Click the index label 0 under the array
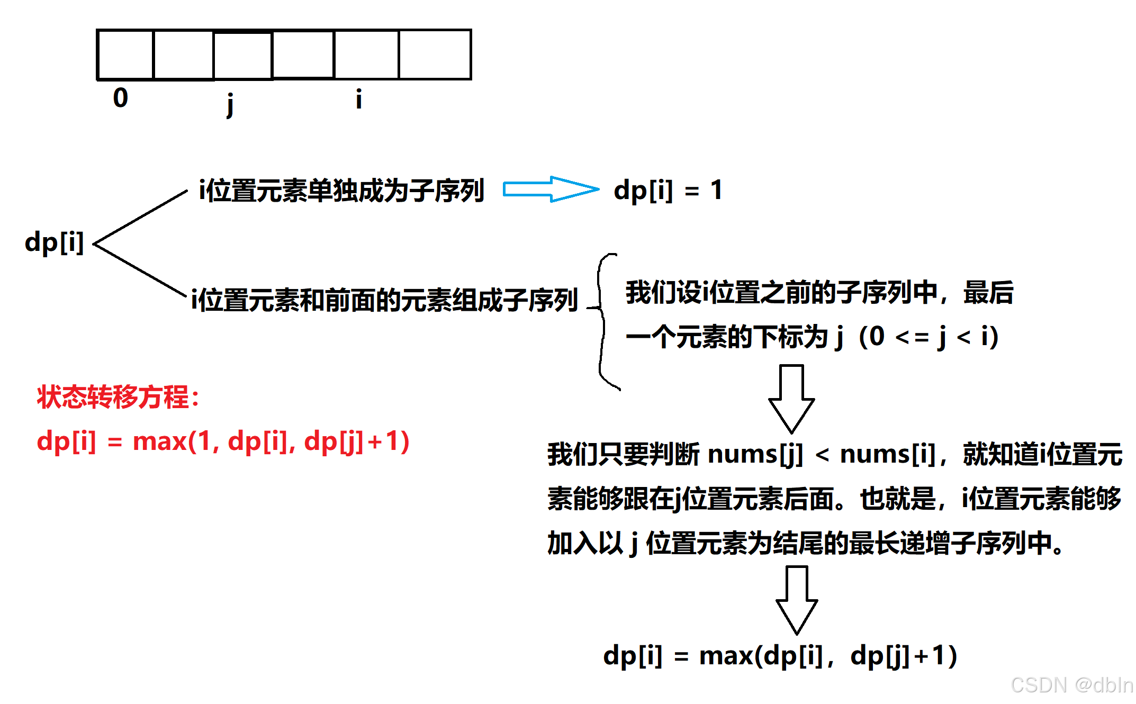click(x=121, y=98)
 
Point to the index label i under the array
click(x=358, y=99)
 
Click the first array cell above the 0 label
click(x=125, y=55)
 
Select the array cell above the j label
click(x=243, y=56)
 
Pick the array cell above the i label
click(x=366, y=55)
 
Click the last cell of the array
click(x=435, y=55)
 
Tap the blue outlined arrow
click(x=551, y=189)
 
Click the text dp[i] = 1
click(x=668, y=190)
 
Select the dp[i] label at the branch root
click(x=55, y=242)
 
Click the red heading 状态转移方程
click(x=118, y=396)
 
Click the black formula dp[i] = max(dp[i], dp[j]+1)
click(x=780, y=656)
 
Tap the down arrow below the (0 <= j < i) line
click(x=791, y=399)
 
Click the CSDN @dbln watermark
click(x=1071, y=685)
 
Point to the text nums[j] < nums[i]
click(x=821, y=454)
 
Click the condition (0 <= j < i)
click(x=929, y=337)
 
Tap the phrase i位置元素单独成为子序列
click(x=341, y=191)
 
